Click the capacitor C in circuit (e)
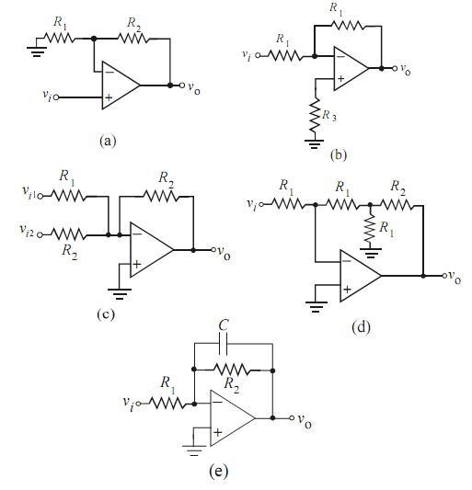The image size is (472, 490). pos(224,344)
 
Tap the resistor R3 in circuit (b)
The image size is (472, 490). pos(315,114)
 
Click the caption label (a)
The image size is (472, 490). pos(108,141)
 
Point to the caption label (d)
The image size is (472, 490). pos(361,327)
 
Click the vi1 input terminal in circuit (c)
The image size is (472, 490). pos(40,196)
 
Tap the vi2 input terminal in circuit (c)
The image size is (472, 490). pos(40,235)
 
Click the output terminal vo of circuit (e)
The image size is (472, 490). pos(292,417)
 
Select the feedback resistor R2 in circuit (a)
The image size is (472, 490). pos(133,39)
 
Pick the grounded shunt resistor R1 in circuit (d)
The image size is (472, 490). pos(370,227)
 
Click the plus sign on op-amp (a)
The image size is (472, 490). pos(109,97)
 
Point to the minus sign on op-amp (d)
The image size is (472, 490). pos(347,261)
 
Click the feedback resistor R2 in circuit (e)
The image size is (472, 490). pos(232,370)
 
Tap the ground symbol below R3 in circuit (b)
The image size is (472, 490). pos(315,143)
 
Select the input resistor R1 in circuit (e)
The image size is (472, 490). pos(167,404)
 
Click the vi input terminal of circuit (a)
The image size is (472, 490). pos(56,97)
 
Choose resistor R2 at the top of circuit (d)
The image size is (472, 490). pos(397,205)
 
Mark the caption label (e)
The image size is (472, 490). pos(218,471)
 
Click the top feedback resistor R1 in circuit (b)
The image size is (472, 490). pos(348,26)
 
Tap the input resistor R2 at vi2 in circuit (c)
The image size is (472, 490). pos(67,234)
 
